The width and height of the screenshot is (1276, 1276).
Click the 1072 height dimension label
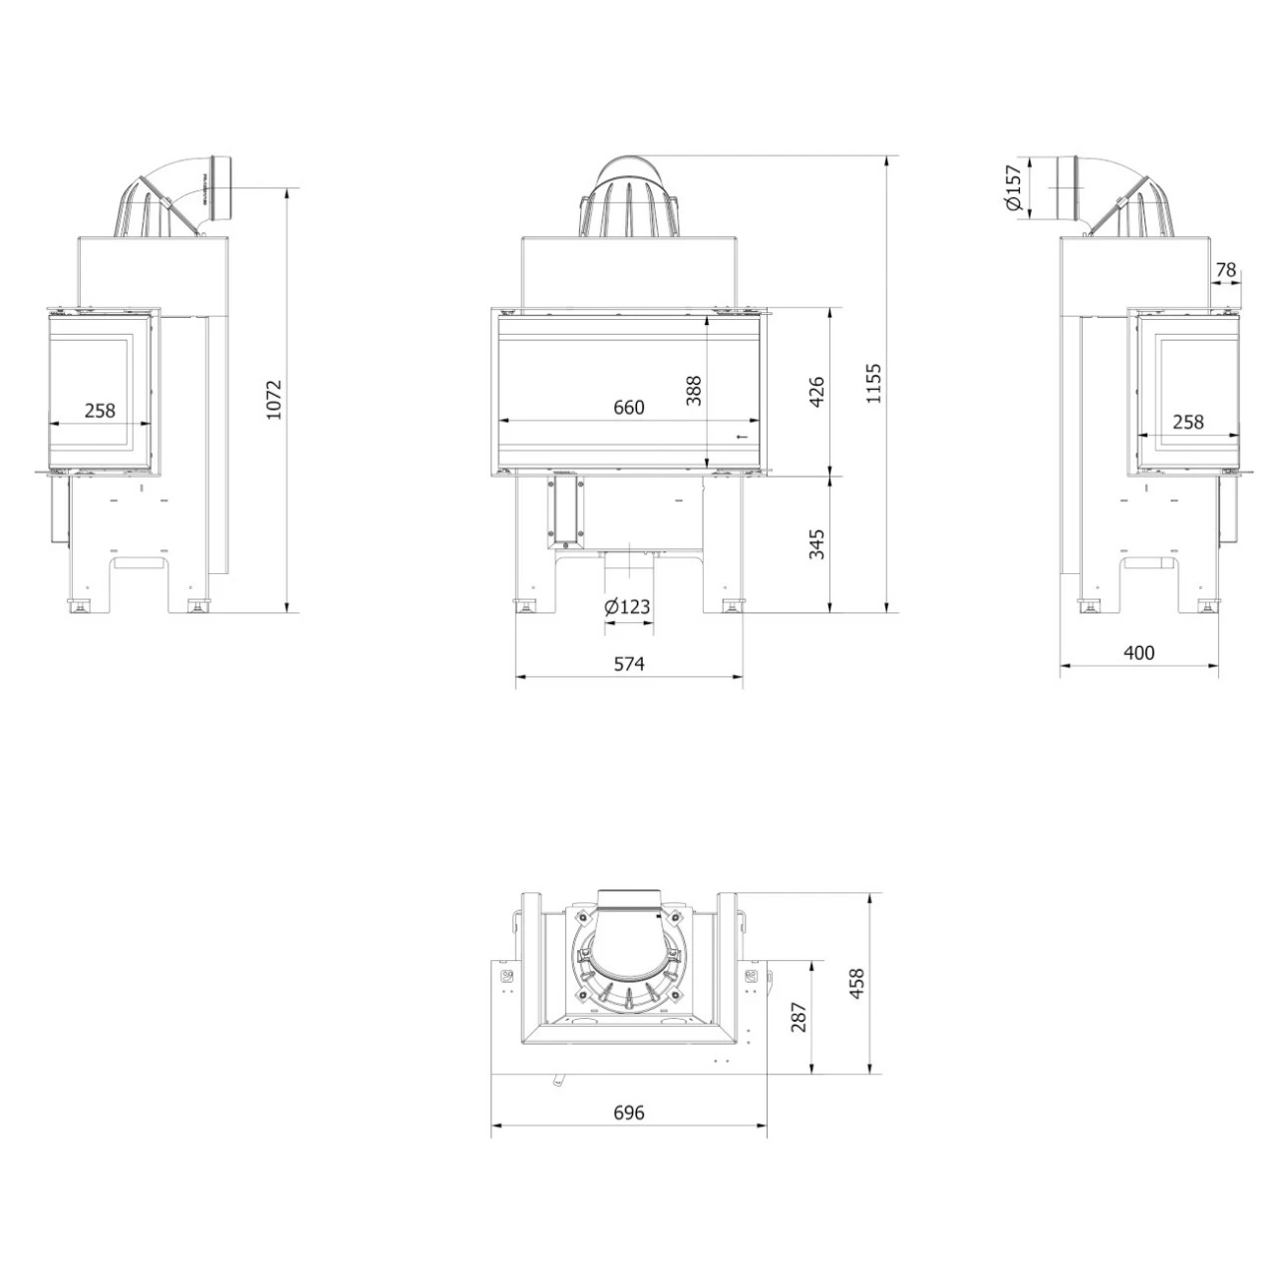click(273, 400)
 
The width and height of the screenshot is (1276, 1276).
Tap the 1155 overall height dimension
click(873, 383)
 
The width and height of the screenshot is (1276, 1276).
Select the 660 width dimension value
click(628, 408)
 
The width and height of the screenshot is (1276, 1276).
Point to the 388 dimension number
click(693, 391)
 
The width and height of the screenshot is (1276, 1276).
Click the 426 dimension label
click(817, 392)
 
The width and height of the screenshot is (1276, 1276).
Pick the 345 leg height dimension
click(817, 544)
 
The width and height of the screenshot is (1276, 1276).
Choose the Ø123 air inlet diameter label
click(627, 606)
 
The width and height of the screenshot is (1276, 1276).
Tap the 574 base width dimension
click(628, 664)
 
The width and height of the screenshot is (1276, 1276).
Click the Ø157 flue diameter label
click(1013, 187)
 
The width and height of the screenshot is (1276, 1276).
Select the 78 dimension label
click(1226, 269)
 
